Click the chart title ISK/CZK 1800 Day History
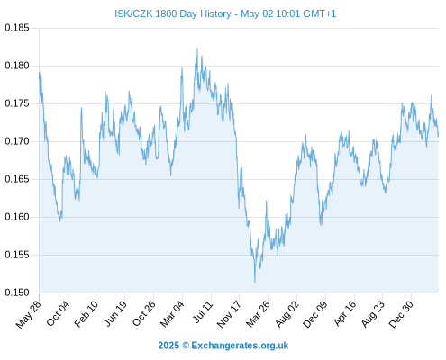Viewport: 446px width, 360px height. tap(173, 13)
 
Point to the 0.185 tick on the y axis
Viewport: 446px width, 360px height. tap(17, 28)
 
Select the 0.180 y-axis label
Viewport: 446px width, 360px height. tap(17, 66)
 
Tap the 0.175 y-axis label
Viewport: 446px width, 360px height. tap(17, 103)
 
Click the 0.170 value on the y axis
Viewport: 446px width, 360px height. tap(17, 141)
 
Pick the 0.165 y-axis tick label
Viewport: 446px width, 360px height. tap(17, 179)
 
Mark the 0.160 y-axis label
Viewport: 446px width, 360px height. tap(17, 217)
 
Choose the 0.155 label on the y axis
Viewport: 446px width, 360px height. tap(17, 255)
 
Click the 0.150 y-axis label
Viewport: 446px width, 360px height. tap(17, 292)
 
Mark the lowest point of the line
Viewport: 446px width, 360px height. tap(255, 282)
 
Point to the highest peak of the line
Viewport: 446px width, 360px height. tap(197, 48)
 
